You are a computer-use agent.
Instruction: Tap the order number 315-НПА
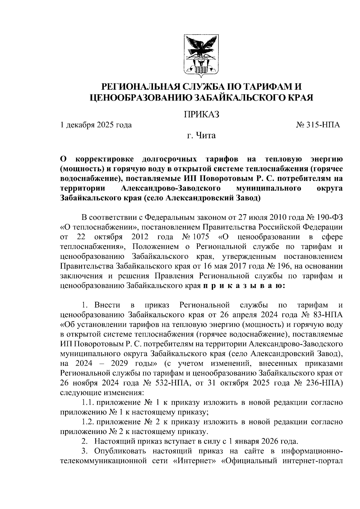322,125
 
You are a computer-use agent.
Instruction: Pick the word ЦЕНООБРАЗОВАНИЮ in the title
141,97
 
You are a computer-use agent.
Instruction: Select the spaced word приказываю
244,286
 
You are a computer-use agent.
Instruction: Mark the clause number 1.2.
88,422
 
